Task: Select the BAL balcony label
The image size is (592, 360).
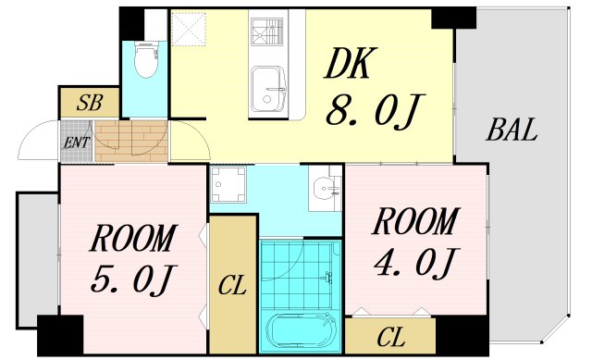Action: pos(512,131)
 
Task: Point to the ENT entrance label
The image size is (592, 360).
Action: pos(76,143)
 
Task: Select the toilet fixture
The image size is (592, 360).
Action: pos(145,59)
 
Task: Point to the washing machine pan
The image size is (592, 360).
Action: pos(228,184)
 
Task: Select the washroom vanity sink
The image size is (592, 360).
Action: pos(326,189)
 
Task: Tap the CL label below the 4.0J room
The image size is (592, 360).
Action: pos(390,335)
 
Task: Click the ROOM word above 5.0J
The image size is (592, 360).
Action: pos(131,239)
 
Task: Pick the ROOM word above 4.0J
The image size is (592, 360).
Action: pos(413,222)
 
